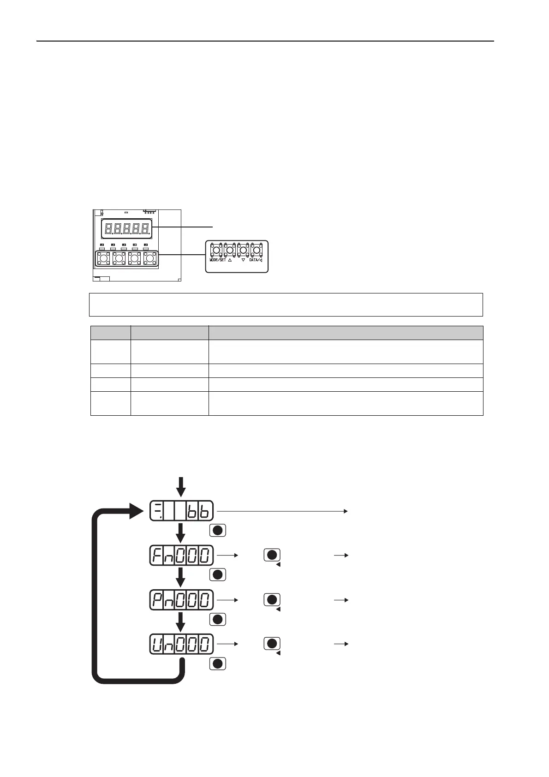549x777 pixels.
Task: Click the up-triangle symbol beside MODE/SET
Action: point(230,260)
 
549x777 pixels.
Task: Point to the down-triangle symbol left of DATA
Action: point(243,260)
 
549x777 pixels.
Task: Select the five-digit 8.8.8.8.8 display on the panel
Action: point(127,228)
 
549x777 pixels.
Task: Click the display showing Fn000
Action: point(181,556)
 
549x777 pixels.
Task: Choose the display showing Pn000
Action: point(181,600)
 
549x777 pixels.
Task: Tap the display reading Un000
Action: point(181,644)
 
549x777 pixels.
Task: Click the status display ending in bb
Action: point(181,511)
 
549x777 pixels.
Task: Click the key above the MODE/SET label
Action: point(216,250)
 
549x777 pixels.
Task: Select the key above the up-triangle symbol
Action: point(230,250)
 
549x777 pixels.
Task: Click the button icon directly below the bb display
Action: point(218,530)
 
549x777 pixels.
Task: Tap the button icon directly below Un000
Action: point(218,664)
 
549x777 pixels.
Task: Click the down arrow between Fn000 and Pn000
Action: point(181,577)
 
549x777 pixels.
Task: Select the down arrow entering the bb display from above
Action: point(181,487)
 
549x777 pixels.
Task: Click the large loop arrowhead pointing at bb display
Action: point(137,511)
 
